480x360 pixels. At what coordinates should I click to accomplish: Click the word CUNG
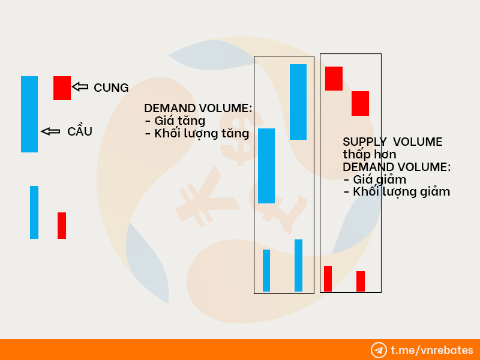click(111, 88)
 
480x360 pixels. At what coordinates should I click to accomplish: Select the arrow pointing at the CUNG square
click(80, 87)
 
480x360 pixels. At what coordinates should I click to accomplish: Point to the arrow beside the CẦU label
click(50, 131)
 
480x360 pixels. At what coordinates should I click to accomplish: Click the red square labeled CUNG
click(62, 88)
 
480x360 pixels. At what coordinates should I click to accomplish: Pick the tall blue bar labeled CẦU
click(29, 114)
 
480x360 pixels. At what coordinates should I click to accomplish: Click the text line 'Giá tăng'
click(175, 121)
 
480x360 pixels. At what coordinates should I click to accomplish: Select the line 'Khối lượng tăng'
click(197, 133)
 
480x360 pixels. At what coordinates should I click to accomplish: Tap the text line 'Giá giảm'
click(375, 179)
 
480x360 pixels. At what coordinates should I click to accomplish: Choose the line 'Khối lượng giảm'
click(397, 192)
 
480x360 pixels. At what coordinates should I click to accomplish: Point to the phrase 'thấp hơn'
click(370, 154)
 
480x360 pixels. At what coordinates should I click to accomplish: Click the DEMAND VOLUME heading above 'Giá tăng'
click(198, 109)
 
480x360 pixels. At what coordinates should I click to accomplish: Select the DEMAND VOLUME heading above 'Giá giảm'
click(397, 167)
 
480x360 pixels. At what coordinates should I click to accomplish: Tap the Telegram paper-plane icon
click(379, 350)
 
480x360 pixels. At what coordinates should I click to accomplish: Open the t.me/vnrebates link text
click(432, 350)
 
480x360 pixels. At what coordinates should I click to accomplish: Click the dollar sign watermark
click(242, 134)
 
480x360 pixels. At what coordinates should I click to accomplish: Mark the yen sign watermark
click(207, 196)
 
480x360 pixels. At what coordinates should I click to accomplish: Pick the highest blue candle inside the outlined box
click(298, 102)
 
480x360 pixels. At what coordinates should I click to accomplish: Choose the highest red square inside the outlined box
click(334, 79)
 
